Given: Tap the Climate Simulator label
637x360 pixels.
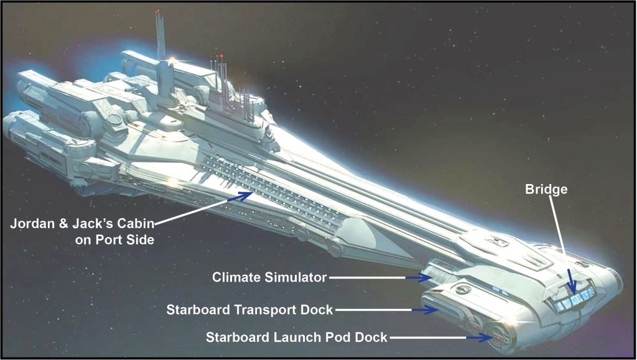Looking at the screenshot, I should (269, 277).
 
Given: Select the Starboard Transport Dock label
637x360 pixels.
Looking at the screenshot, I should (249, 309).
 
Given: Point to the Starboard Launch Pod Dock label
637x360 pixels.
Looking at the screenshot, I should (297, 337).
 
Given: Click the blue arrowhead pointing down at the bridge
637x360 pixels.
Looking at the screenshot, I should (573, 290).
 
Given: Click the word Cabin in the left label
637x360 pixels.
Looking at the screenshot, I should (134, 224).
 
